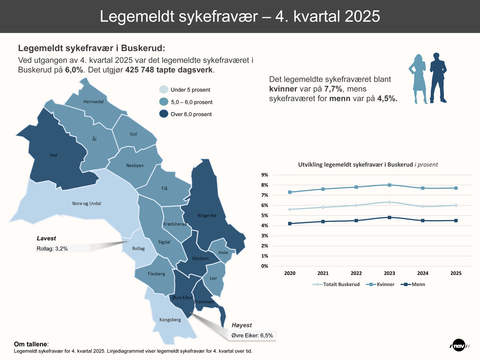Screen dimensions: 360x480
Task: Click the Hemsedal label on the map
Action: (x=93, y=102)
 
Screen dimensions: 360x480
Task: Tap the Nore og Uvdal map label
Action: (x=86, y=204)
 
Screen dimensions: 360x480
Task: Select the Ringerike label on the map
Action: (x=207, y=216)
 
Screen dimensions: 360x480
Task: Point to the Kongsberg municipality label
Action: (x=170, y=320)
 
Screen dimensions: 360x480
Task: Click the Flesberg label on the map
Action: (x=156, y=274)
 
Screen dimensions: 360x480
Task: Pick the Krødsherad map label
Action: (x=175, y=224)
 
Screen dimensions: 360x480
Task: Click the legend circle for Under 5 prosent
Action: (x=164, y=90)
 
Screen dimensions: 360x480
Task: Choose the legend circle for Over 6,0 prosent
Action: (x=164, y=114)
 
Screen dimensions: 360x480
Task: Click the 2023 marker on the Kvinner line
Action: (x=389, y=185)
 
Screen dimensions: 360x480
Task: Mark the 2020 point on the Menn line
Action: (x=290, y=224)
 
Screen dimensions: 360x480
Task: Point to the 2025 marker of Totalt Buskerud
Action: (x=456, y=205)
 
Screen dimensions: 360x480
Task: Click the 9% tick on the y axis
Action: (x=264, y=175)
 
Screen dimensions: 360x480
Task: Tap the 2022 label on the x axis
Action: (x=356, y=274)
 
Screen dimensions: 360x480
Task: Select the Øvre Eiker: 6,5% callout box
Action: (x=252, y=336)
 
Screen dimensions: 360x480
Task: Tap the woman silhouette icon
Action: (x=418, y=79)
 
